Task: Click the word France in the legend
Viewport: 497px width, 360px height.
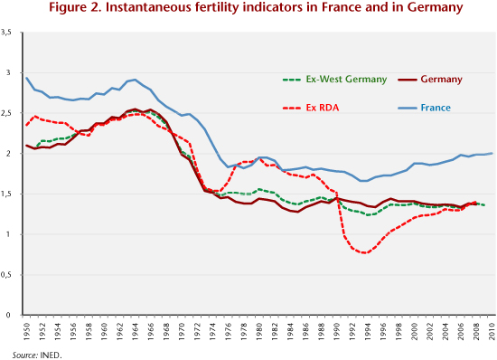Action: click(x=436, y=108)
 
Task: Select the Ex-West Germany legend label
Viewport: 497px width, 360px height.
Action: click(x=346, y=80)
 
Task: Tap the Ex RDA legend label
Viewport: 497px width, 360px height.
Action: click(x=323, y=108)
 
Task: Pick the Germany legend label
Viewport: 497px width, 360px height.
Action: click(x=441, y=80)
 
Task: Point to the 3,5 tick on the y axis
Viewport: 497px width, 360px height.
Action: click(x=6, y=32)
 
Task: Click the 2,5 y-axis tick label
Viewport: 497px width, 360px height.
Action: click(x=6, y=113)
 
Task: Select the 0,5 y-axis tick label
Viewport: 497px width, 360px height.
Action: click(x=6, y=275)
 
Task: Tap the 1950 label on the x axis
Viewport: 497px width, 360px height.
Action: click(x=26, y=331)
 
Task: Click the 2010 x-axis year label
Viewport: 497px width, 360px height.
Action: click(x=492, y=331)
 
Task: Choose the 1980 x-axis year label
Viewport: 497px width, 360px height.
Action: click(x=259, y=331)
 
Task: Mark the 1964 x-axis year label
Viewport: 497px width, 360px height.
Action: click(x=136, y=331)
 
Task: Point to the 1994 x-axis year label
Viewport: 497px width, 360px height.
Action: click(x=368, y=331)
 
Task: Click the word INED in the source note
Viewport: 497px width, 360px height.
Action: click(x=50, y=355)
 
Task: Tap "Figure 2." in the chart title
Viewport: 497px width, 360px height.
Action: click(x=75, y=7)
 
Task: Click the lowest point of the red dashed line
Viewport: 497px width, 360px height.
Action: click(x=364, y=253)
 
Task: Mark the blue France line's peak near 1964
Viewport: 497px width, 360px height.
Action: click(x=136, y=80)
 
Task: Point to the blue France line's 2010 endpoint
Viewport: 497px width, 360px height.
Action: click(x=492, y=153)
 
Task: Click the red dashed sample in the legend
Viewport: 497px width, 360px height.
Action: click(x=292, y=109)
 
